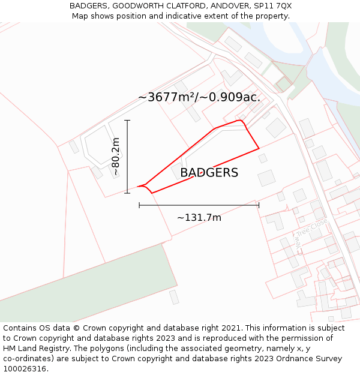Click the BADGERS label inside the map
(209, 173)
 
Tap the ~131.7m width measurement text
(199, 218)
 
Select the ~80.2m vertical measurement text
(116, 157)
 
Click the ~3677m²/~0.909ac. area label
(199, 97)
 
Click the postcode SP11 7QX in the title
(272, 6)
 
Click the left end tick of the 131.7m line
(139, 205)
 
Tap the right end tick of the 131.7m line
(259, 205)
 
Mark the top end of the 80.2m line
(127, 121)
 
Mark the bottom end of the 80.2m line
(127, 193)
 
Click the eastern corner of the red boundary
(259, 148)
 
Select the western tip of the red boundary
(137, 187)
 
